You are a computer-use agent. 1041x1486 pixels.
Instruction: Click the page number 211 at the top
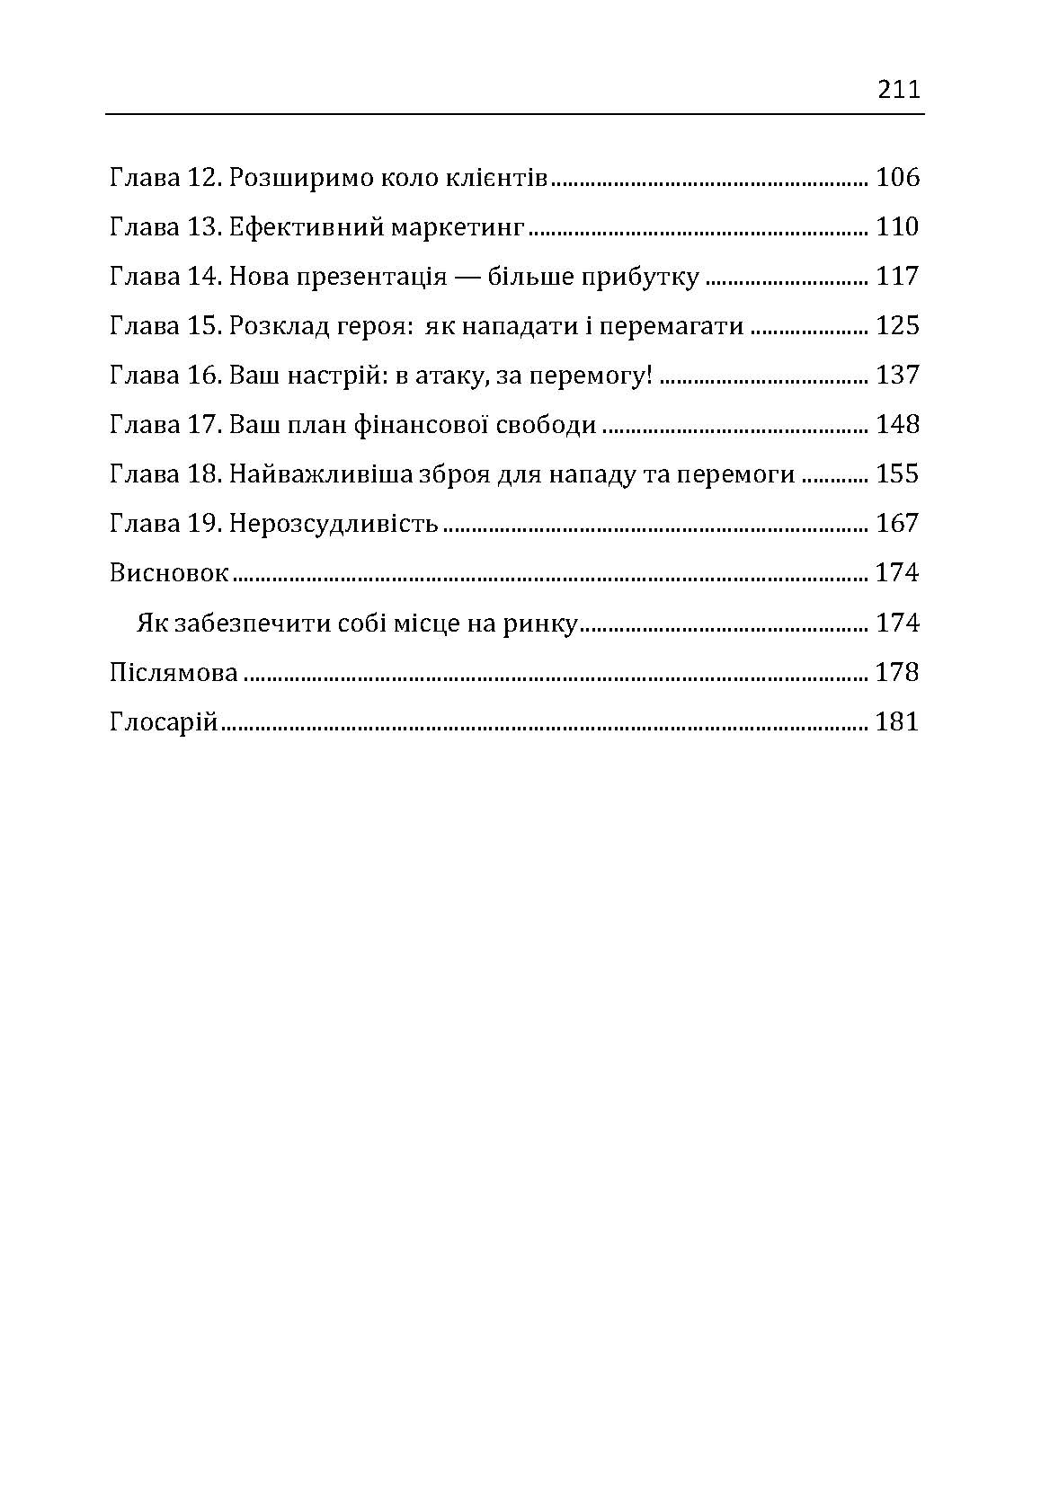898,90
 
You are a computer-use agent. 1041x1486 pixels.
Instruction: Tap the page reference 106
897,177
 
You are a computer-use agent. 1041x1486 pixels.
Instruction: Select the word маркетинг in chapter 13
457,226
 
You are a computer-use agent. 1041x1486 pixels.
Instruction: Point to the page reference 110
897,226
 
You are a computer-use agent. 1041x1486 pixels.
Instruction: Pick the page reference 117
897,276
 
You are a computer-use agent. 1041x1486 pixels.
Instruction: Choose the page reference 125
897,325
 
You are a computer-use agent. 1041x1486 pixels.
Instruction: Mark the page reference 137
897,375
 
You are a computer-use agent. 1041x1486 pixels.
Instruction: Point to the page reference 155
897,473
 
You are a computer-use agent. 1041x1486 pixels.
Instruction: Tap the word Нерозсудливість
334,523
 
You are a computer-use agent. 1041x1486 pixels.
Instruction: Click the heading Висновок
169,572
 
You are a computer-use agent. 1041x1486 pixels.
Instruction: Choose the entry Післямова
173,672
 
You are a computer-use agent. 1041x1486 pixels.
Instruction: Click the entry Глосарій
164,721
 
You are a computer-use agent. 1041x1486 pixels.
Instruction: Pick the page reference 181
897,721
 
